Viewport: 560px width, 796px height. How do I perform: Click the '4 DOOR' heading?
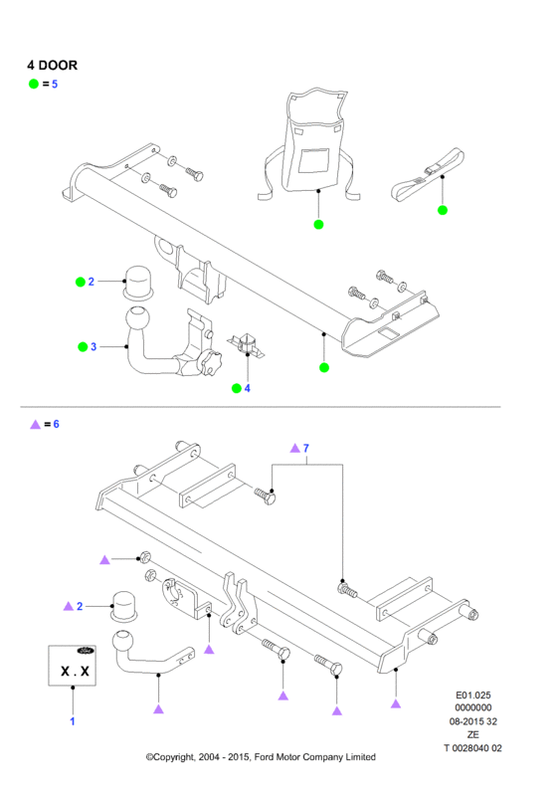pyautogui.click(x=53, y=66)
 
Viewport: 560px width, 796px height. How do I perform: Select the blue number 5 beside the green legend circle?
pyautogui.click(x=55, y=85)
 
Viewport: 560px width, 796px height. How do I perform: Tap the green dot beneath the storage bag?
pyautogui.click(x=318, y=225)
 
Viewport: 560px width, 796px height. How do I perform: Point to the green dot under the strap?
pyautogui.click(x=443, y=210)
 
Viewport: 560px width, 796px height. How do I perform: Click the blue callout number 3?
pyautogui.click(x=93, y=346)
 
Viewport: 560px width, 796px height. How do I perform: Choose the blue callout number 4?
pyautogui.click(x=248, y=388)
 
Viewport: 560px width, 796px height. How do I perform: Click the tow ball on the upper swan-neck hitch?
pyautogui.click(x=137, y=319)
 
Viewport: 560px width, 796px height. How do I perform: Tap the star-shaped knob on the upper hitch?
pyautogui.click(x=210, y=362)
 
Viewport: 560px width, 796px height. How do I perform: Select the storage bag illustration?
pyautogui.click(x=309, y=144)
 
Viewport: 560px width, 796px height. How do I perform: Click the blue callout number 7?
pyautogui.click(x=305, y=449)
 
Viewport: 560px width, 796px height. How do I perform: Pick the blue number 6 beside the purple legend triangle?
pyautogui.click(x=56, y=424)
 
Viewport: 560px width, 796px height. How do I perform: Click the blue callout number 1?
pyautogui.click(x=72, y=721)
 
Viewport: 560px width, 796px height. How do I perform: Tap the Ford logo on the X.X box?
pyautogui.click(x=86, y=651)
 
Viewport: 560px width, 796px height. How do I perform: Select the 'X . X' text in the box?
pyautogui.click(x=75, y=671)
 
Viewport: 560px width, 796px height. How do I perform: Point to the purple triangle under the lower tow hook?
pyautogui.click(x=158, y=709)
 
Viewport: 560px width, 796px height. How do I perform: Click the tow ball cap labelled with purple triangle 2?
pyautogui.click(x=124, y=606)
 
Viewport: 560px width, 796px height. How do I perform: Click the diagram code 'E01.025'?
pyautogui.click(x=472, y=696)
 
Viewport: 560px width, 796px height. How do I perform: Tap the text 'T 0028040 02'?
pyautogui.click(x=472, y=748)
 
